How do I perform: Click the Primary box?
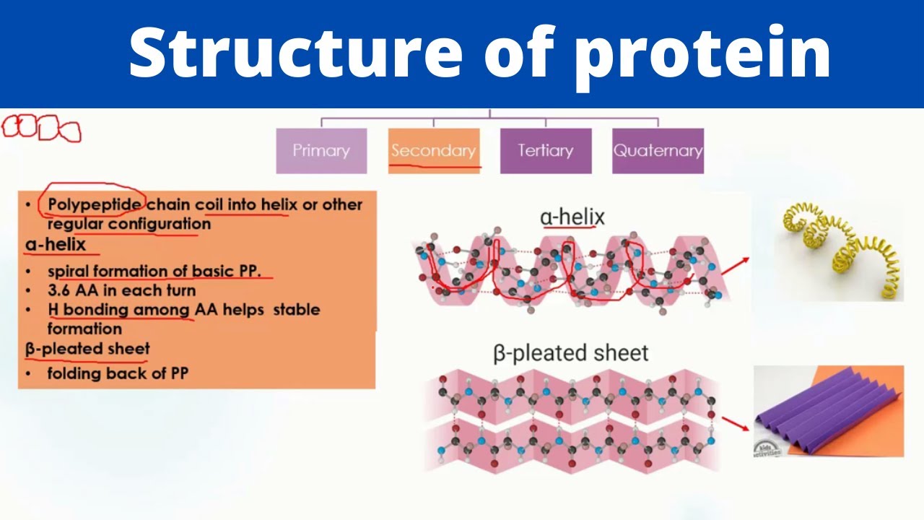[321, 151]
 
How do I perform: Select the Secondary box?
[433, 151]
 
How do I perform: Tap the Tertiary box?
[545, 151]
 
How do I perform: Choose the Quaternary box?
[658, 151]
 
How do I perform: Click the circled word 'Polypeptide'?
[94, 204]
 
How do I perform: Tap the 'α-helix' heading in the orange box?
[56, 244]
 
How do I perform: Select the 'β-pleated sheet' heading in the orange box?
[87, 349]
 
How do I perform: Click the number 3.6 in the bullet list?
[59, 290]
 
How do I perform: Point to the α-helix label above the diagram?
[572, 217]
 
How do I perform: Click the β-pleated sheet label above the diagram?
[570, 353]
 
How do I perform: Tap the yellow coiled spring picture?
[837, 249]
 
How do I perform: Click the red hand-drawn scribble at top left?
[41, 129]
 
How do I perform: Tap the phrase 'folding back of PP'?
[117, 374]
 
